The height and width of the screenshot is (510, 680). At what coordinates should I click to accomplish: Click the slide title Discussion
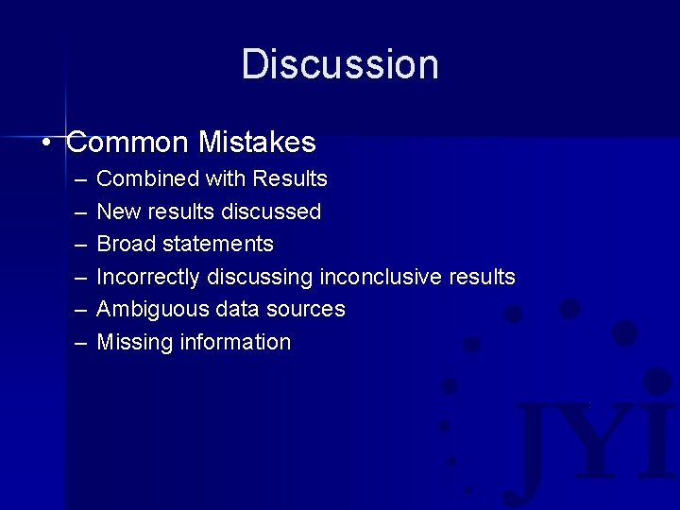coord(340,65)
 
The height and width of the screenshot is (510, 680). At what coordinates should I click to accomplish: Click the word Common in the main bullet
coord(128,143)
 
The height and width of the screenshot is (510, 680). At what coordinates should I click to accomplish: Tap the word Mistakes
coord(257,143)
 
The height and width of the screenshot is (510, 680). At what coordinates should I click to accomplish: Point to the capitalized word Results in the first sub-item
coord(291,179)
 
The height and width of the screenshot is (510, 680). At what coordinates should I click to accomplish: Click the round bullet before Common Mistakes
coord(46,144)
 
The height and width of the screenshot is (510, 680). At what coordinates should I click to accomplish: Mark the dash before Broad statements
coord(76,245)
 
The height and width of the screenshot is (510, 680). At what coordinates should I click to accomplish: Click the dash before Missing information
coord(76,343)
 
